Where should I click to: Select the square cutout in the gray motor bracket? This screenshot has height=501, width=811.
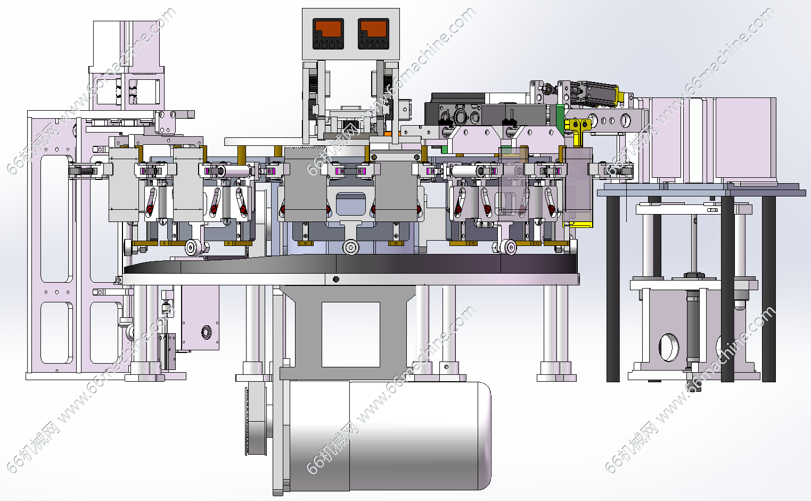pos(350,334)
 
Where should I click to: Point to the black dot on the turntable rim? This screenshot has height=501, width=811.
pos(336,279)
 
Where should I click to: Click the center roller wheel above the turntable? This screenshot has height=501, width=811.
pos(350,248)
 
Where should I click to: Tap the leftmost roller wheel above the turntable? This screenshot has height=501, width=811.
pos(193,248)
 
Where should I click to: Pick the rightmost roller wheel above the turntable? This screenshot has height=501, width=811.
pos(510,248)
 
